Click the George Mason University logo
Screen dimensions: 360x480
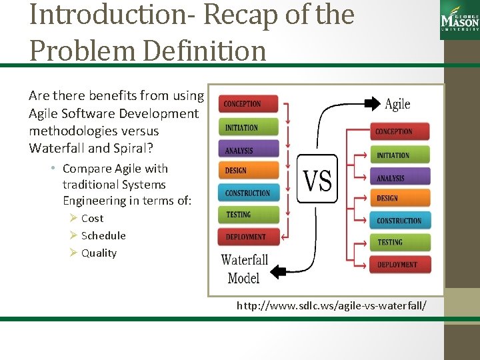point(459,19)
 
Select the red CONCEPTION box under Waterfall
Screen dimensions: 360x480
point(248,104)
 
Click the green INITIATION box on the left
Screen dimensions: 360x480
point(248,127)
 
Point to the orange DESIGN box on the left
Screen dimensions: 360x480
point(248,171)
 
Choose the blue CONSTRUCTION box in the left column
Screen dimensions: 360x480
point(248,193)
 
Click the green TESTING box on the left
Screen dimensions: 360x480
point(248,215)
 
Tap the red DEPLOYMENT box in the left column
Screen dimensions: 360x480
point(248,237)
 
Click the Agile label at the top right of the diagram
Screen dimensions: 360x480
point(397,104)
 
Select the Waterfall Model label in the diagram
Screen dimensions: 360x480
point(244,268)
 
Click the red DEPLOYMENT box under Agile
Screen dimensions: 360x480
point(400,265)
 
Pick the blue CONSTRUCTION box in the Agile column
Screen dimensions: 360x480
point(400,221)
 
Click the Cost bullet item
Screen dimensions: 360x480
point(92,219)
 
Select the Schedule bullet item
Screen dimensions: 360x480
point(103,236)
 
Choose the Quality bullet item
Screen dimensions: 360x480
point(99,253)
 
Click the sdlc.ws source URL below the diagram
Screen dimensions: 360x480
point(331,306)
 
